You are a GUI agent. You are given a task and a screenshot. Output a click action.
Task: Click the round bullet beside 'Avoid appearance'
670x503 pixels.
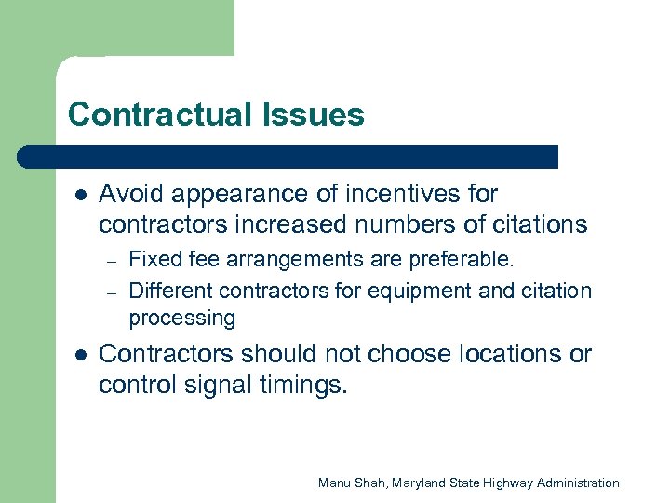[x=80, y=196]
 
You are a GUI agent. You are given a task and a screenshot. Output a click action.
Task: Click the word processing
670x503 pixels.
[x=181, y=319]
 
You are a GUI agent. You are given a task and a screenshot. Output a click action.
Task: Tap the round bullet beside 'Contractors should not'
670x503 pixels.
[x=80, y=356]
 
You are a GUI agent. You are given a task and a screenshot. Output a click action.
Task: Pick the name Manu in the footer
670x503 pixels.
[x=333, y=483]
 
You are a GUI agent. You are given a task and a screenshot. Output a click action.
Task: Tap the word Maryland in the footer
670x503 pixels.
[x=423, y=483]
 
